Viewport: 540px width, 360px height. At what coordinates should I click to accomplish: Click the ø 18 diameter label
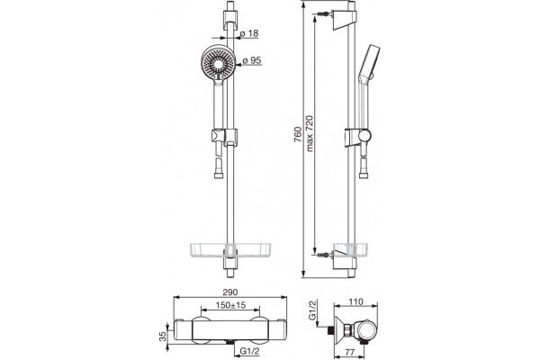pyautogui.click(x=248, y=33)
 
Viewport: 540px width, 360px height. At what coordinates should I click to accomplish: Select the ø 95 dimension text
pyautogui.click(x=252, y=60)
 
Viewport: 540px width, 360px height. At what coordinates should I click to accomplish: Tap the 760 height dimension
pyautogui.click(x=298, y=135)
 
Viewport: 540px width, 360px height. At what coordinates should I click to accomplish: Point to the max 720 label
pyautogui.click(x=310, y=133)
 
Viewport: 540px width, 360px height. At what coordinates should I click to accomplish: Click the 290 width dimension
pyautogui.click(x=230, y=292)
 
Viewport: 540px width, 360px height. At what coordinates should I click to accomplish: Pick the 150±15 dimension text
pyautogui.click(x=230, y=305)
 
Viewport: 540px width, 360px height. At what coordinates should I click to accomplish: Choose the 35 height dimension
pyautogui.click(x=163, y=336)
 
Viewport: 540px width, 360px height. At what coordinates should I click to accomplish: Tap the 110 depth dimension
pyautogui.click(x=355, y=301)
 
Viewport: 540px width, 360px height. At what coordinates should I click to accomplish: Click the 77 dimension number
pyautogui.click(x=350, y=352)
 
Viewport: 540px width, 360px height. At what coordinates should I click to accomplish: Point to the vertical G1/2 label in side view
pyautogui.click(x=312, y=310)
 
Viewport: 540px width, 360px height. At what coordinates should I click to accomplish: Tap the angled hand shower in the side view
pyautogui.click(x=368, y=64)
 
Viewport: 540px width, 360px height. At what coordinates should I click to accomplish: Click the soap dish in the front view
pyautogui.click(x=230, y=250)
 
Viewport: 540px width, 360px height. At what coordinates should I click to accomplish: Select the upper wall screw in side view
pyautogui.click(x=324, y=14)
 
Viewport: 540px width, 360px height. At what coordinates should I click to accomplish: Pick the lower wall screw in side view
pyautogui.click(x=324, y=255)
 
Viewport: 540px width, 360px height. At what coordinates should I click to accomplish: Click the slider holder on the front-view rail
pyautogui.click(x=224, y=137)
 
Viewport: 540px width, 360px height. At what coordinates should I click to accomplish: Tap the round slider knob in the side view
pyautogui.click(x=364, y=136)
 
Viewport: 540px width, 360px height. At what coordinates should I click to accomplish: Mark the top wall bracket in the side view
pyautogui.click(x=344, y=21)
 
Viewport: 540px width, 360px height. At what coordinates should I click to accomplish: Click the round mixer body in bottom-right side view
pyautogui.click(x=366, y=333)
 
